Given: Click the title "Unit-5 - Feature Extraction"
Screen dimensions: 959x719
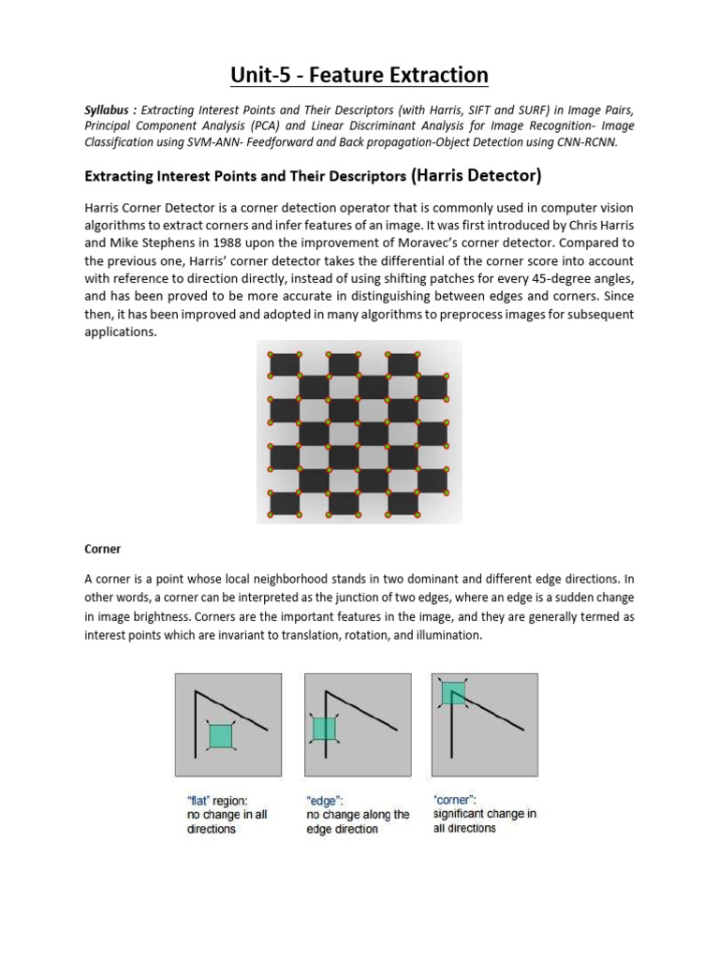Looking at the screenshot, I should tap(359, 75).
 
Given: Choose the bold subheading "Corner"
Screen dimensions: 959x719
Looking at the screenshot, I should tap(103, 549).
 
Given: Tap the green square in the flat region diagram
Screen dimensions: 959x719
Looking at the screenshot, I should tap(220, 735).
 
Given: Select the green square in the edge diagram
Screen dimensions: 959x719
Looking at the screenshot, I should tap(324, 728).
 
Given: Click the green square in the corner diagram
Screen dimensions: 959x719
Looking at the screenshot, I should tap(453, 692).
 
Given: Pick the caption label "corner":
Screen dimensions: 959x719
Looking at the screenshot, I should tap(455, 800).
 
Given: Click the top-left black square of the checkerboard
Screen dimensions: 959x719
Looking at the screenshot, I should tap(285, 364).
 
